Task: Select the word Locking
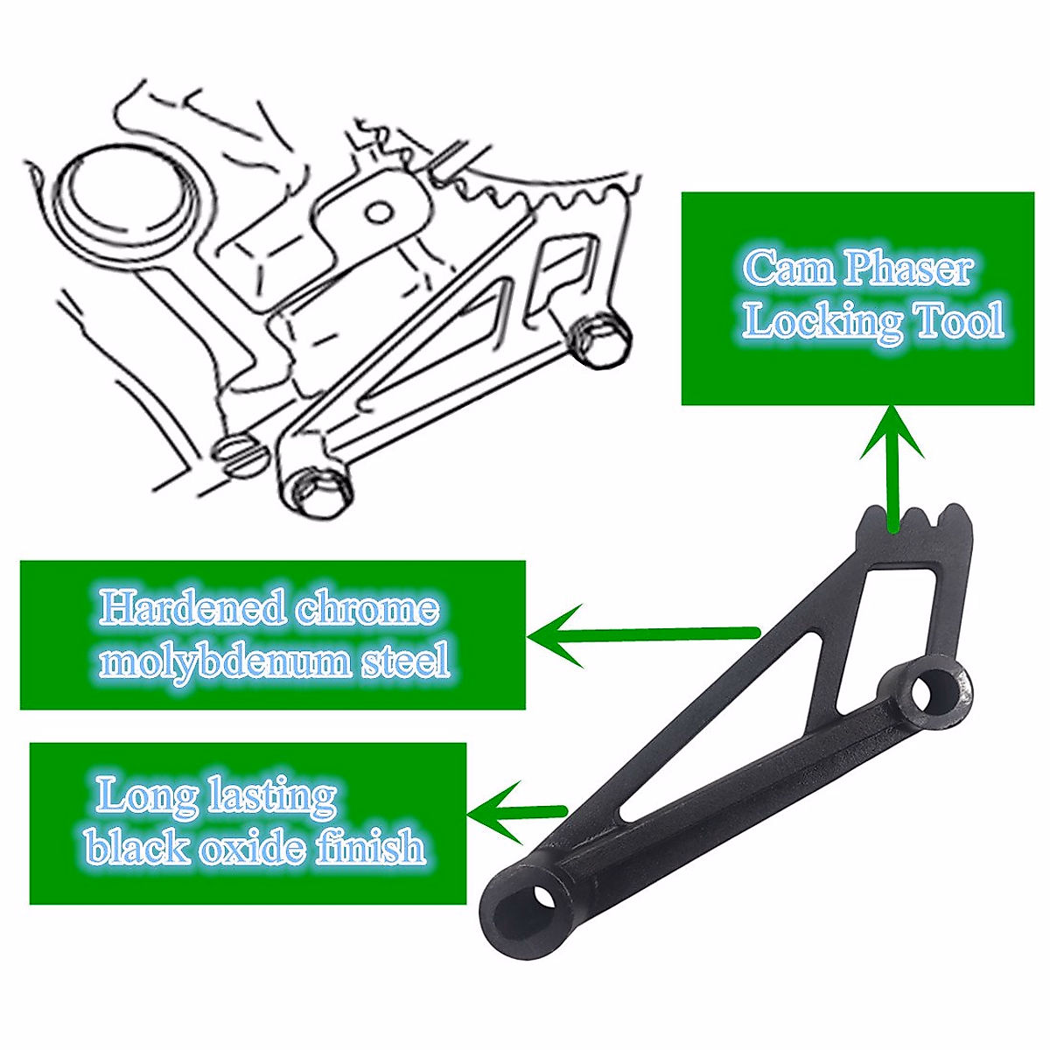(x=822, y=322)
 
